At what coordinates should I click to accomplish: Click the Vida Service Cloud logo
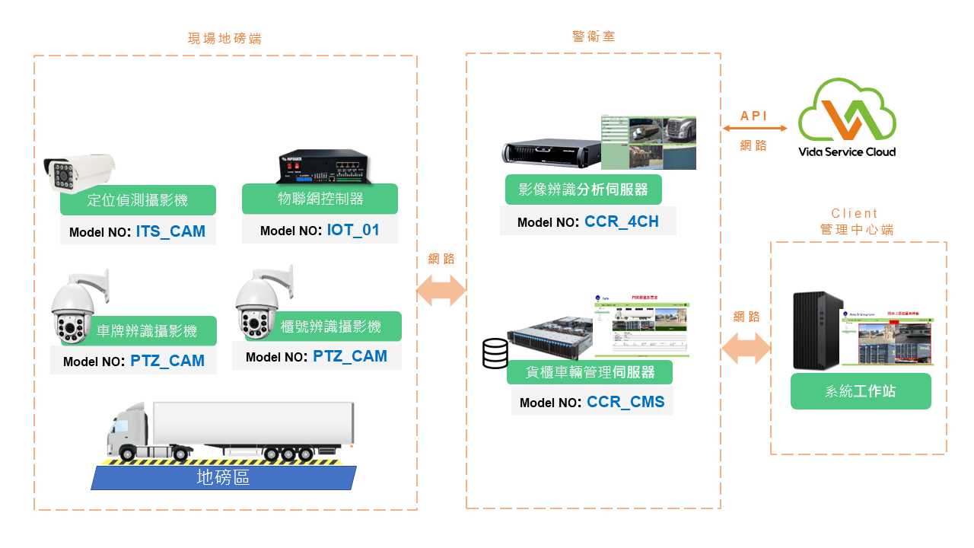(846, 119)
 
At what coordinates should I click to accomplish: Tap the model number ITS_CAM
(170, 231)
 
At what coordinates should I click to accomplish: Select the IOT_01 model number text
(353, 230)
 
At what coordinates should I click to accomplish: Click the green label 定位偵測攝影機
(138, 200)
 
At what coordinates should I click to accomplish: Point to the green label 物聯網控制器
(320, 199)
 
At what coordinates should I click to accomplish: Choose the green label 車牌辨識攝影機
(147, 331)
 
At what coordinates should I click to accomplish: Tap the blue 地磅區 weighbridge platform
(223, 478)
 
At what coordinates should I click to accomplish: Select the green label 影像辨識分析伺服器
(583, 190)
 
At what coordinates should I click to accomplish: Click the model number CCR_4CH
(621, 222)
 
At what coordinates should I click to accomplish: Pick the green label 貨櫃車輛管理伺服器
(590, 373)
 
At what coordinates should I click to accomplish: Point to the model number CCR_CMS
(625, 402)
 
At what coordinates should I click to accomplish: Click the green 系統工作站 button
(860, 391)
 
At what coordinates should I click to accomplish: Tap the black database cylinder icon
(495, 354)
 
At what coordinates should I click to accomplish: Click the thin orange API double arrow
(753, 129)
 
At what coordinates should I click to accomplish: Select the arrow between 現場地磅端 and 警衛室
(441, 290)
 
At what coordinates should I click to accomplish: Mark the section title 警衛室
(594, 36)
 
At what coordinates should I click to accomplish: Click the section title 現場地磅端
(224, 38)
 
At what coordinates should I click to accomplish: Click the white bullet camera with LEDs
(78, 169)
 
